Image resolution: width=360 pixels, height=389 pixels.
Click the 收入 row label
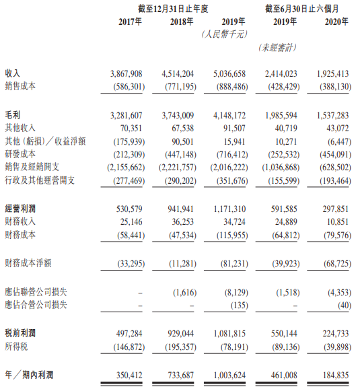tap(13, 72)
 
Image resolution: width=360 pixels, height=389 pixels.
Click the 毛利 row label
tap(13, 115)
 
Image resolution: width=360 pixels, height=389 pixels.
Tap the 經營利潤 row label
tap(21, 208)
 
